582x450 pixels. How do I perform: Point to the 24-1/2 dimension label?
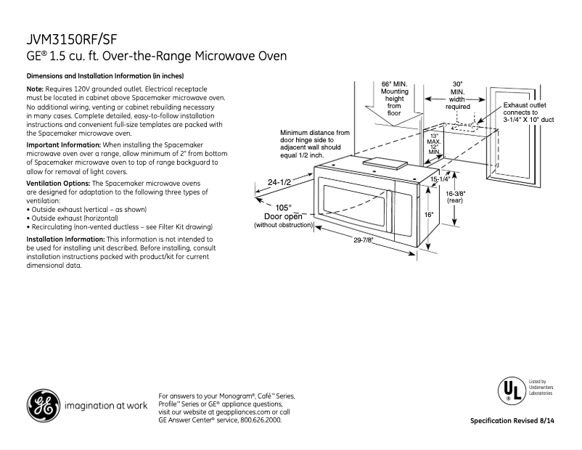pyautogui.click(x=279, y=182)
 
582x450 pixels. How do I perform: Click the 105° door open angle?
pyautogui.click(x=283, y=207)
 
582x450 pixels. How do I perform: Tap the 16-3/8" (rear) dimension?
pyautogui.click(x=455, y=197)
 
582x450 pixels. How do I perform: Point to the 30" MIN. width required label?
pyautogui.click(x=458, y=95)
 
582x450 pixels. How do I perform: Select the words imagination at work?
pyautogui.click(x=106, y=404)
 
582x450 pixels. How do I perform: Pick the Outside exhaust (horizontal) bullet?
pyautogui.click(x=72, y=218)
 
